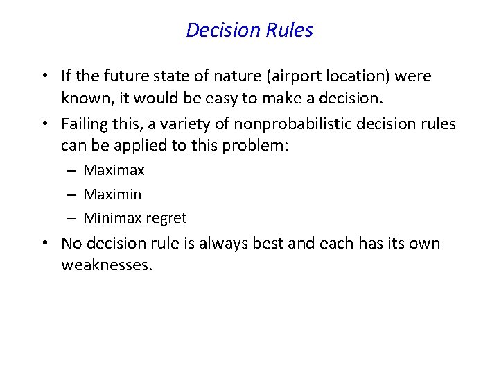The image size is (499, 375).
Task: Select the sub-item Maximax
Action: tap(114, 170)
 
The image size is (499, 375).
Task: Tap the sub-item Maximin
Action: tap(112, 194)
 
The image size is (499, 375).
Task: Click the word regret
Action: tap(166, 218)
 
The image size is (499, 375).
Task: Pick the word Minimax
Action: tap(112, 218)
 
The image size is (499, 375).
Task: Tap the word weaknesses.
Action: tap(106, 265)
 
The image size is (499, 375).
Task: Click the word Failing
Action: tap(84, 124)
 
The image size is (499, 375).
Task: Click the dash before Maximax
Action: tap(72, 171)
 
